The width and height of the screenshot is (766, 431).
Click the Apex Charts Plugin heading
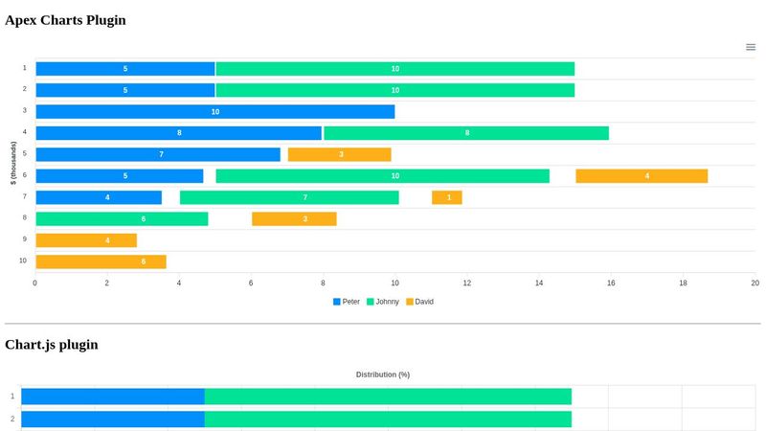coord(65,20)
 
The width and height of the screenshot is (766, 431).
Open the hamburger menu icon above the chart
coord(751,47)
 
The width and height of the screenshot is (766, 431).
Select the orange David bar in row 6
coord(642,176)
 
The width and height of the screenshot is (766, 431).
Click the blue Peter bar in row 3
coord(214,112)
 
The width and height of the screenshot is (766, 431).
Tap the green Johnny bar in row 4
coord(466,133)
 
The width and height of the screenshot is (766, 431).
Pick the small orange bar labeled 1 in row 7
coord(447,197)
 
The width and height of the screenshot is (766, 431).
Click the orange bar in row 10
coord(101,261)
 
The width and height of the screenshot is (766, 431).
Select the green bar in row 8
coord(122,219)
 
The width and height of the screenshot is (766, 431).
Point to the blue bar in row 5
coord(158,154)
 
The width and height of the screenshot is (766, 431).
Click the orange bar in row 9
coord(86,240)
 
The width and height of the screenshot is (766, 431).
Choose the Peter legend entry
coord(347,302)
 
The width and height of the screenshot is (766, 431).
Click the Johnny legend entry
coord(383,302)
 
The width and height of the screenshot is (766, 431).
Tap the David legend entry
coord(420,302)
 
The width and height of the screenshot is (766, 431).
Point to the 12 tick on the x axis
coord(467,284)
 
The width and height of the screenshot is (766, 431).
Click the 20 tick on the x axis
coord(755,284)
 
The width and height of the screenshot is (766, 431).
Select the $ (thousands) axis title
coord(13,164)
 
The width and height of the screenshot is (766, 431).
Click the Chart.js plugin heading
coord(52,345)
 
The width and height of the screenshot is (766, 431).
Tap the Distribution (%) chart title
coord(383,374)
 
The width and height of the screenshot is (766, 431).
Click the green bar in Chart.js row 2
coord(388,419)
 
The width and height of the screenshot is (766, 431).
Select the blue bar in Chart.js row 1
coord(113,397)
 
